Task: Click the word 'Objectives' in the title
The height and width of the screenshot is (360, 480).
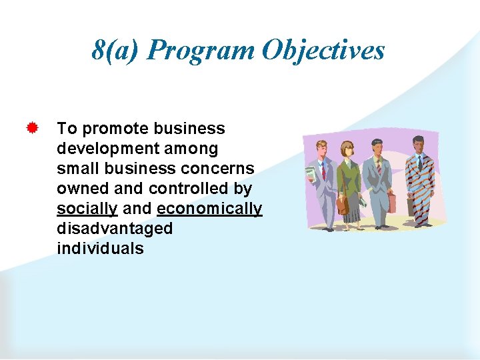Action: click(x=323, y=50)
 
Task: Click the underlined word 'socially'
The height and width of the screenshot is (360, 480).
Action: click(x=87, y=209)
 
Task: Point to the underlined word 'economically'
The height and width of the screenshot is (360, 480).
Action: click(x=209, y=209)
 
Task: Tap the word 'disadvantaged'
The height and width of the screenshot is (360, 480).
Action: click(x=115, y=229)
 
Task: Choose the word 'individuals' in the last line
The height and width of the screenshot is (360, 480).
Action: click(x=100, y=249)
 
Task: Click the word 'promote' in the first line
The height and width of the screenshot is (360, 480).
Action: click(x=116, y=129)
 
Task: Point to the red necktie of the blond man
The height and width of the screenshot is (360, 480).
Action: click(x=323, y=172)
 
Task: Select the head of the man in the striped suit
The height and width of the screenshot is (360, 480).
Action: click(x=418, y=144)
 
